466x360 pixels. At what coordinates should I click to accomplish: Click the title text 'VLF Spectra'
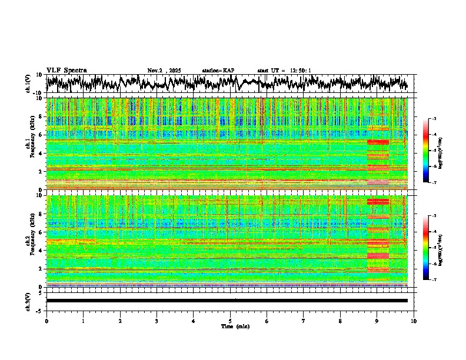click(x=66, y=71)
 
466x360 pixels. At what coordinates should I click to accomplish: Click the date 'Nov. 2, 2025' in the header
click(x=164, y=71)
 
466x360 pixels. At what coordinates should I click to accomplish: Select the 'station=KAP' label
click(x=218, y=71)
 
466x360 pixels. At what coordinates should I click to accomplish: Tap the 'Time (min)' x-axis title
click(x=234, y=326)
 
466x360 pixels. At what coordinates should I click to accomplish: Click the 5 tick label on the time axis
click(x=230, y=321)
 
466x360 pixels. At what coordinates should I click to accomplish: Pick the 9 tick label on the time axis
click(x=377, y=321)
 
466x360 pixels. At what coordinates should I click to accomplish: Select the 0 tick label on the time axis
click(x=46, y=321)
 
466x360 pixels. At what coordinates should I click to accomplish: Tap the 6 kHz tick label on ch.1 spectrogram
click(x=41, y=135)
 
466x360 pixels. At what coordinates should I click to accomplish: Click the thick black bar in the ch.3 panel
click(x=227, y=301)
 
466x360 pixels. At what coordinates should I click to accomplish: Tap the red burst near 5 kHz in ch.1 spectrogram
click(x=378, y=142)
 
